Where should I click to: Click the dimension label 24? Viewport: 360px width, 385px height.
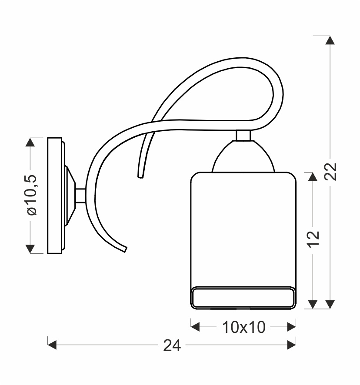pos(172,345)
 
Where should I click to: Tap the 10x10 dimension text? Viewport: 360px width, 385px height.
pos(244,327)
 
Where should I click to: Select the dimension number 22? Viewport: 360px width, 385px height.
pos(330,172)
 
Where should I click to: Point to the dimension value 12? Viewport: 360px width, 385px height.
pos(313,239)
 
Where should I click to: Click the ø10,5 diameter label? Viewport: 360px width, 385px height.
pos(31,195)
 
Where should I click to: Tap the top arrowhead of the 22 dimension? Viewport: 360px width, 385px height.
pos(330,40)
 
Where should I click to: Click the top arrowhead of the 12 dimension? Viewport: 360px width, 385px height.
pos(313,176)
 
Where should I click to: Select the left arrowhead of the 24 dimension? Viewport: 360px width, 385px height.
pos(52,345)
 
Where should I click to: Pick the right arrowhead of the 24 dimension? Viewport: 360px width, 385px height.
pos(291,345)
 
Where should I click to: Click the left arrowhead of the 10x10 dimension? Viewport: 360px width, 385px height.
pos(195,327)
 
